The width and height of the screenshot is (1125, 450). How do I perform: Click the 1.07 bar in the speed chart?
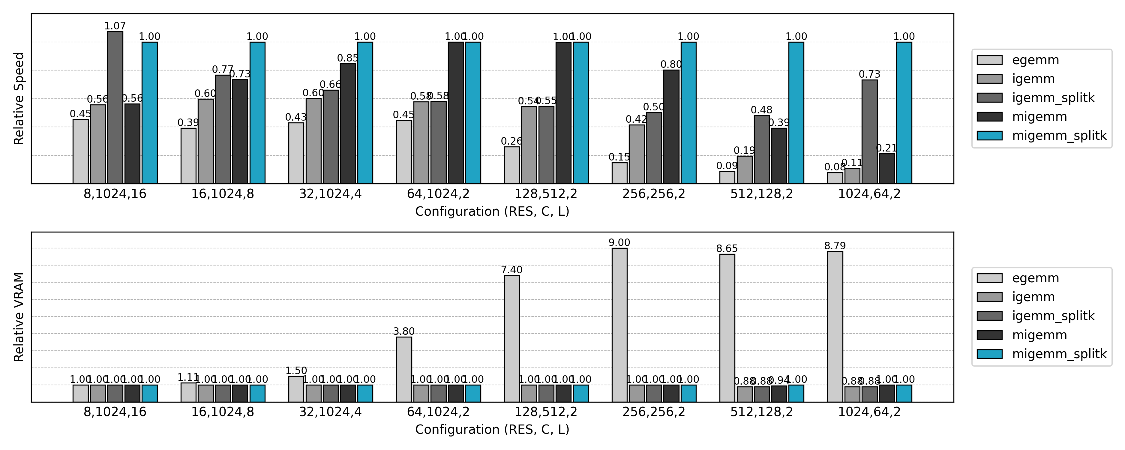[x=115, y=107]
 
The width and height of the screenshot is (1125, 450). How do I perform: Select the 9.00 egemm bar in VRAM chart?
[x=619, y=325]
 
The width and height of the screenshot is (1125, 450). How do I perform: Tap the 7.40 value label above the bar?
[x=511, y=270]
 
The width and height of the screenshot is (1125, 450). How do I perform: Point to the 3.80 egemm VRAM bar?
[x=404, y=369]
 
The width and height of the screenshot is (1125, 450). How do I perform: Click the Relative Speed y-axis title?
[x=19, y=99]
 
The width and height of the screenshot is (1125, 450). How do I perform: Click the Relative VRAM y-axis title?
[x=19, y=317]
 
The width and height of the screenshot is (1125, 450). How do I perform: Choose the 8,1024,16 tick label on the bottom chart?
[x=115, y=412]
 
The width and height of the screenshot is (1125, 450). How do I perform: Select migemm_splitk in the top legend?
[x=1059, y=135]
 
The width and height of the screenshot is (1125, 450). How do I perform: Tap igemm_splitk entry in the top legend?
[x=1053, y=97]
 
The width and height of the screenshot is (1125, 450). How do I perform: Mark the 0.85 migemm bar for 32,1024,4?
[x=348, y=124]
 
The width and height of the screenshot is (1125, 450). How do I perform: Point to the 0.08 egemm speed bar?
[x=835, y=178]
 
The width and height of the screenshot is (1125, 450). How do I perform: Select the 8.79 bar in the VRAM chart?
[x=835, y=327]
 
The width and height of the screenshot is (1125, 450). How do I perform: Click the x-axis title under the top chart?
[x=492, y=211]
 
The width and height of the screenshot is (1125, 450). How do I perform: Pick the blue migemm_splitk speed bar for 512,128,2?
[x=796, y=113]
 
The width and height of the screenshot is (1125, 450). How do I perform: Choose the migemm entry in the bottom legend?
[x=1039, y=335]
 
